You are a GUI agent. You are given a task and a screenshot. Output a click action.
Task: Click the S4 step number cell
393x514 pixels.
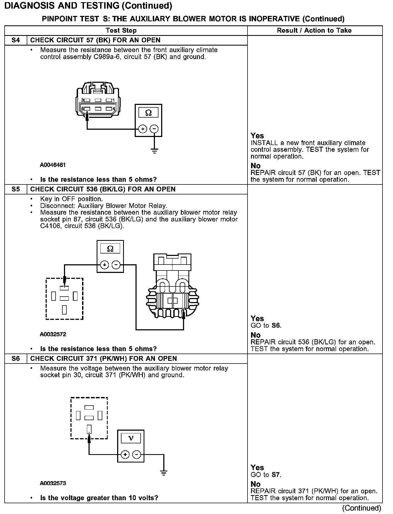click(x=16, y=40)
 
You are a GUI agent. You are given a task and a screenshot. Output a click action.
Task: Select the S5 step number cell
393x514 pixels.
click(x=16, y=189)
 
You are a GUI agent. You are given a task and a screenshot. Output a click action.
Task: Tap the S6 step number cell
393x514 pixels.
click(x=16, y=358)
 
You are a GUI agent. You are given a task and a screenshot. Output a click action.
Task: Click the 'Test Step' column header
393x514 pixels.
click(x=121, y=30)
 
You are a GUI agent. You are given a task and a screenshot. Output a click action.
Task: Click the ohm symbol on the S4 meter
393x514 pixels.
click(x=148, y=113)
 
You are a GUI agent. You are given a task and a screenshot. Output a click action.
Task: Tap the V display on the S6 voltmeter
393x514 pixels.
click(x=131, y=438)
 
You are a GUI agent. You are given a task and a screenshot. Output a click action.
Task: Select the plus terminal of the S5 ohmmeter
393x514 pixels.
click(x=104, y=265)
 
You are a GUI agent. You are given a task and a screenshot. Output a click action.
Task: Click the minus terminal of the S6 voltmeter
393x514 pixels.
click(x=137, y=455)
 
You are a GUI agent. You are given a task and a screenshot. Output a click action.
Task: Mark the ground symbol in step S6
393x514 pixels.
click(x=164, y=473)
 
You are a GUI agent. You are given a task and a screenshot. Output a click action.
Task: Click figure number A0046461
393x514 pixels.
click(x=53, y=165)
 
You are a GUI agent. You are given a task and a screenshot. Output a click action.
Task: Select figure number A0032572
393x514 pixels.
click(x=53, y=334)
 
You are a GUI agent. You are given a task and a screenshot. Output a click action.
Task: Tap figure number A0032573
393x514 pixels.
click(x=53, y=483)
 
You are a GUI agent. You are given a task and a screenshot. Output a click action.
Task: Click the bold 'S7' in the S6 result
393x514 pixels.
click(x=275, y=475)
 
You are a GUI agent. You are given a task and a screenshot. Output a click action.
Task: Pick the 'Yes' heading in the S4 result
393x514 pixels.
click(x=257, y=136)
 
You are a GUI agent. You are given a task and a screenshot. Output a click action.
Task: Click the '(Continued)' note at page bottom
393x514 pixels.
click(x=361, y=508)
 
